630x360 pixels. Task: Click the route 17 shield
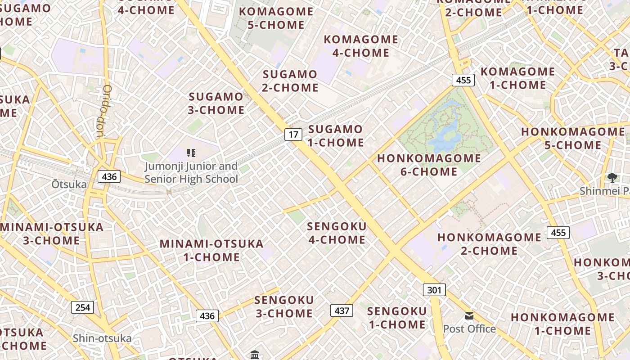[x=293, y=134]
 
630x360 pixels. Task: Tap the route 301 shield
[x=434, y=290]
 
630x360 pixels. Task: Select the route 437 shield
[x=342, y=310]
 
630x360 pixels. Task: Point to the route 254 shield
[x=83, y=307]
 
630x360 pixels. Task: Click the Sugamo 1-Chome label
[x=336, y=136]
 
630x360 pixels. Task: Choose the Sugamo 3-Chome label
[x=216, y=103]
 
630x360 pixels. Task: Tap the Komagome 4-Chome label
[x=361, y=46]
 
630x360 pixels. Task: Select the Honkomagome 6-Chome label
[x=429, y=165]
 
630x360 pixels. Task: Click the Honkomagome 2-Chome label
[x=489, y=243]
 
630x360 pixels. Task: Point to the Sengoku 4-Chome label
[x=337, y=233]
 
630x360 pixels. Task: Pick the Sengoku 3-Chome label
[x=284, y=306]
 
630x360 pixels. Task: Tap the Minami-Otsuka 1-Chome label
[x=211, y=250]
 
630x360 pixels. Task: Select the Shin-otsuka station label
[x=102, y=338]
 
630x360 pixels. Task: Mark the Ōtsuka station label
[x=68, y=184]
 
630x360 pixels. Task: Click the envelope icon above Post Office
[x=469, y=316]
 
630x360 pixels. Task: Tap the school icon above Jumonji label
[x=191, y=153]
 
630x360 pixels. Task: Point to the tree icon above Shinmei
[x=612, y=177]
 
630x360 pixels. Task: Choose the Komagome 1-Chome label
[x=513, y=78]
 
